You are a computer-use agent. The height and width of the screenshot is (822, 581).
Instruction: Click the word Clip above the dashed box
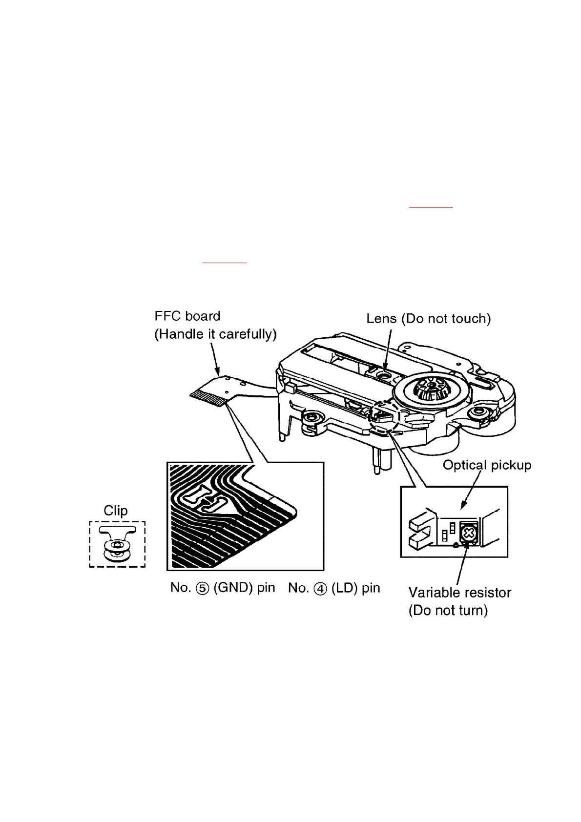[x=116, y=510]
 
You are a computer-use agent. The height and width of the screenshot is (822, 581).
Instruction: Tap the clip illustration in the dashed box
[x=117, y=543]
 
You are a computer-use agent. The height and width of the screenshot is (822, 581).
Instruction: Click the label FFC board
[x=187, y=316]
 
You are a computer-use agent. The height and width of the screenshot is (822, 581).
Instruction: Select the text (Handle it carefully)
[x=215, y=334]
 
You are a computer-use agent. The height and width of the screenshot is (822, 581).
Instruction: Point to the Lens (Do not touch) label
[x=429, y=318]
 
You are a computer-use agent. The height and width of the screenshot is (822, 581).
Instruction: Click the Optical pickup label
[x=487, y=465]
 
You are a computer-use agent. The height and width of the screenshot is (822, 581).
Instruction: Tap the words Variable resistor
[x=460, y=592]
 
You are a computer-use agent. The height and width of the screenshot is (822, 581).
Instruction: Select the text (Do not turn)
[x=448, y=610]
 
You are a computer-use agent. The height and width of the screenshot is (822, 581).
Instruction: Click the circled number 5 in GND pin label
[x=202, y=588]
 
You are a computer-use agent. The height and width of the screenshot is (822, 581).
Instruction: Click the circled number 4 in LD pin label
[x=320, y=589]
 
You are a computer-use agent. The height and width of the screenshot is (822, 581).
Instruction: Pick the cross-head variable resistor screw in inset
[x=468, y=534]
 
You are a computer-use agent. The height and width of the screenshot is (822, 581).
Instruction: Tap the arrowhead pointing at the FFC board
[x=217, y=371]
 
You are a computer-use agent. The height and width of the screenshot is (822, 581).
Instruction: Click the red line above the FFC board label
[x=224, y=263]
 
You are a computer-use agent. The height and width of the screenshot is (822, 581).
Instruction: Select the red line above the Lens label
[x=431, y=208]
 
